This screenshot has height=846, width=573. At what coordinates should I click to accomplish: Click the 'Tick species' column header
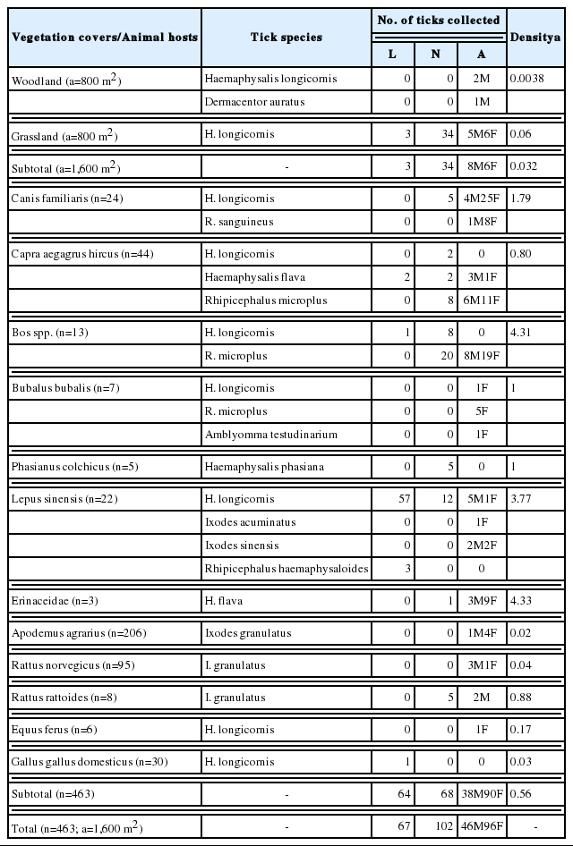(286, 38)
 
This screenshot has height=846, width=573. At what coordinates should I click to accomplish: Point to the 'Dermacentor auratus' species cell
(254, 102)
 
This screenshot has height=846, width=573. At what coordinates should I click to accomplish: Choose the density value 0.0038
(528, 79)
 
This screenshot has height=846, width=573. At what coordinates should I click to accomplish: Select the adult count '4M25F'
(482, 198)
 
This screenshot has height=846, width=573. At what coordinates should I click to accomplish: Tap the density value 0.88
(522, 698)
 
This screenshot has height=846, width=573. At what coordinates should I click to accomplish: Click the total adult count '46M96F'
(482, 827)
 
